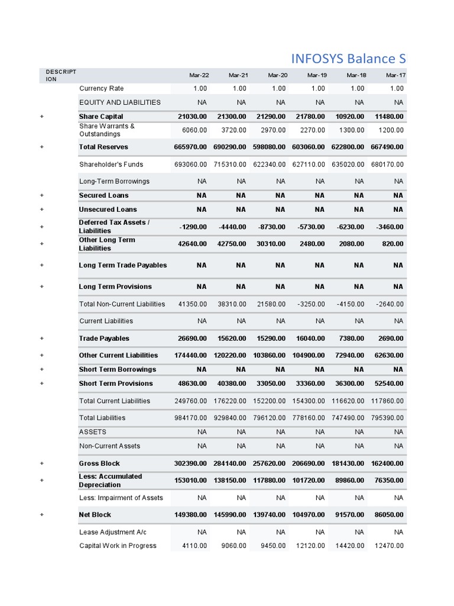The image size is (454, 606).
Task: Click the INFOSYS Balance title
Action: pos(349,59)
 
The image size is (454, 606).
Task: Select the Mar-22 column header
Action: pos(199,75)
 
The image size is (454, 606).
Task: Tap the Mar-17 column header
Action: pos(395,75)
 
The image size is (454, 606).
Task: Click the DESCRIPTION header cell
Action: pos(61,75)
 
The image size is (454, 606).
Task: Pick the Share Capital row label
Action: pos(101,117)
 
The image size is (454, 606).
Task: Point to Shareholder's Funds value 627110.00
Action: pos(309,165)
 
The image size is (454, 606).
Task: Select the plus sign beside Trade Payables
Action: pos(42,339)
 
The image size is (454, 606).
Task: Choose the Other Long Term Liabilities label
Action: pos(107,244)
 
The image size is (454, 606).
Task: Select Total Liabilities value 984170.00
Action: pos(191,418)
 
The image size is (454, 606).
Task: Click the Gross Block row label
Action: pos(99,463)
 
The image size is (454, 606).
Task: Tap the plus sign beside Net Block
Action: pos(42,515)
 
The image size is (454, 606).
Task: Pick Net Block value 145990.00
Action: pos(230,515)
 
